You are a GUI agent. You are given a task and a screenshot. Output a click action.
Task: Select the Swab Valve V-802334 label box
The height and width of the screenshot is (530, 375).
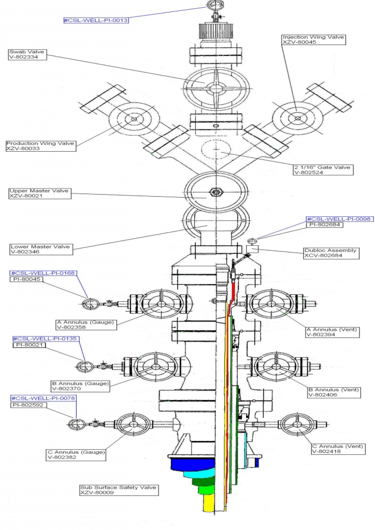pyautogui.click(x=27, y=54)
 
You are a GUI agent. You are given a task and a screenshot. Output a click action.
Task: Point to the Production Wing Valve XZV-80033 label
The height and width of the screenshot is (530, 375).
pyautogui.click(x=40, y=146)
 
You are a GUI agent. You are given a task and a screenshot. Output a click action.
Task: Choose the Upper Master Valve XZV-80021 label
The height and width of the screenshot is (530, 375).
pyautogui.click(x=39, y=194)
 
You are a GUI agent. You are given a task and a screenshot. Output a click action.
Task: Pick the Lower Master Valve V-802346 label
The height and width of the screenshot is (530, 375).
pyautogui.click(x=40, y=249)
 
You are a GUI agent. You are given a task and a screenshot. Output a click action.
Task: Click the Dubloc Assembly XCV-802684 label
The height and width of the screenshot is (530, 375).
pyautogui.click(x=330, y=253)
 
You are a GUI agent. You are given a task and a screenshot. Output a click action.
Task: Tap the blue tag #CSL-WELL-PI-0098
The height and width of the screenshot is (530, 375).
pyautogui.click(x=339, y=219)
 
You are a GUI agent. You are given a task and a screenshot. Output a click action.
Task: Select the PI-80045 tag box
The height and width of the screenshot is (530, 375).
pyautogui.click(x=26, y=279)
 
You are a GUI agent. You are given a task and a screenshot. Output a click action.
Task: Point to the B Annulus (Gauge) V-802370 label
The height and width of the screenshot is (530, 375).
pyautogui.click(x=80, y=386)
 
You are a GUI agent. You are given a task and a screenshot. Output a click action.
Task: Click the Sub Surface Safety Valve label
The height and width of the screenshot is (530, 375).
pyautogui.click(x=118, y=490)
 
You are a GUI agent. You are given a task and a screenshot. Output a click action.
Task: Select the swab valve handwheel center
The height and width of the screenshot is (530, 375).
pyautogui.click(x=212, y=87)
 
